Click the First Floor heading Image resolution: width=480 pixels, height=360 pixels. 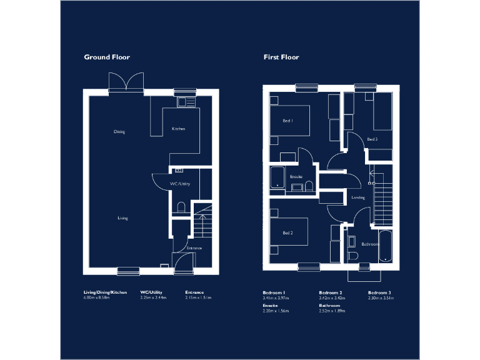tap(281, 57)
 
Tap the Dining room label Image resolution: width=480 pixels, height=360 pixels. tap(119, 132)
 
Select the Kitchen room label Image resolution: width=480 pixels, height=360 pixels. tap(179, 129)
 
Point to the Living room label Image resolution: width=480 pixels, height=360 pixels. tap(122, 218)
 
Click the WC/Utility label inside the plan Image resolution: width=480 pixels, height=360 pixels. tap(180, 184)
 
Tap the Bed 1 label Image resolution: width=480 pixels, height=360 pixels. tap(287, 121)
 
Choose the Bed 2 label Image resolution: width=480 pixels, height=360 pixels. tap(287, 233)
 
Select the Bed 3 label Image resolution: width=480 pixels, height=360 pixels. tap(372, 139)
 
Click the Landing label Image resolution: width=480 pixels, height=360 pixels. tap(358, 197)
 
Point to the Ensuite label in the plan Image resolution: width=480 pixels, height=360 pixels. tap(296, 177)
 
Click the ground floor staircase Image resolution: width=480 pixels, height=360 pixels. tap(203, 221)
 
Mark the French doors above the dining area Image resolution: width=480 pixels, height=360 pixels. tap(127, 83)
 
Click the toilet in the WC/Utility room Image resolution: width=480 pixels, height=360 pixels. tap(180, 207)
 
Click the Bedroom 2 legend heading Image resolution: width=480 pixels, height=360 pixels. tap(331, 292)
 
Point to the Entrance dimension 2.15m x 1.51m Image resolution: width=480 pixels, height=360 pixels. tap(198, 298)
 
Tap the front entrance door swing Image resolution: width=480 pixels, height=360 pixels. tap(183, 263)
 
